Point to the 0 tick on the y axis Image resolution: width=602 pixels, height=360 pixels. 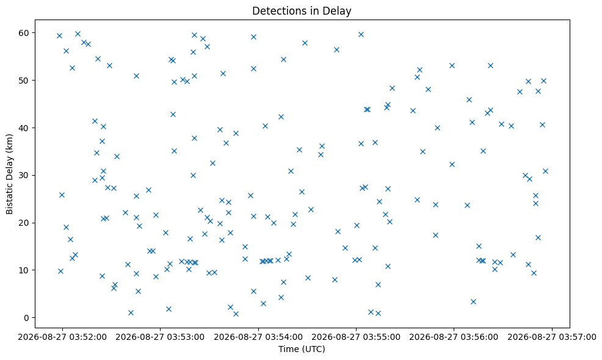click(26, 318)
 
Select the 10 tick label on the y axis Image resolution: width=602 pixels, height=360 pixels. click(24, 270)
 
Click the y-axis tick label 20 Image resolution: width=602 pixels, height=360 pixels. click(24, 223)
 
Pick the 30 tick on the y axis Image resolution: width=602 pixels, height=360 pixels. click(24, 175)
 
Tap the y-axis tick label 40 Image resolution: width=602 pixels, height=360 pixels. click(24, 128)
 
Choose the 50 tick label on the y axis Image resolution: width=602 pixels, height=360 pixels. click(24, 81)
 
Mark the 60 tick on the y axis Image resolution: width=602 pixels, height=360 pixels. click(24, 33)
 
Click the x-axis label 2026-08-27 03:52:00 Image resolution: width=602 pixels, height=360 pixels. click(62, 337)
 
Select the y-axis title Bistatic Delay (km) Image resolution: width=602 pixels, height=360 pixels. click(10, 175)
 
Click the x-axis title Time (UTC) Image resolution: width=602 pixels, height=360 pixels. click(302, 349)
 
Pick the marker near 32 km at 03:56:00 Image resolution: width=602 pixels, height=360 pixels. click(452, 165)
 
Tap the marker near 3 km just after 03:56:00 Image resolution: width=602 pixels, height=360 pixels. click(473, 301)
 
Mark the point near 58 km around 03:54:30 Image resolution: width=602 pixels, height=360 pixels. click(305, 43)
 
